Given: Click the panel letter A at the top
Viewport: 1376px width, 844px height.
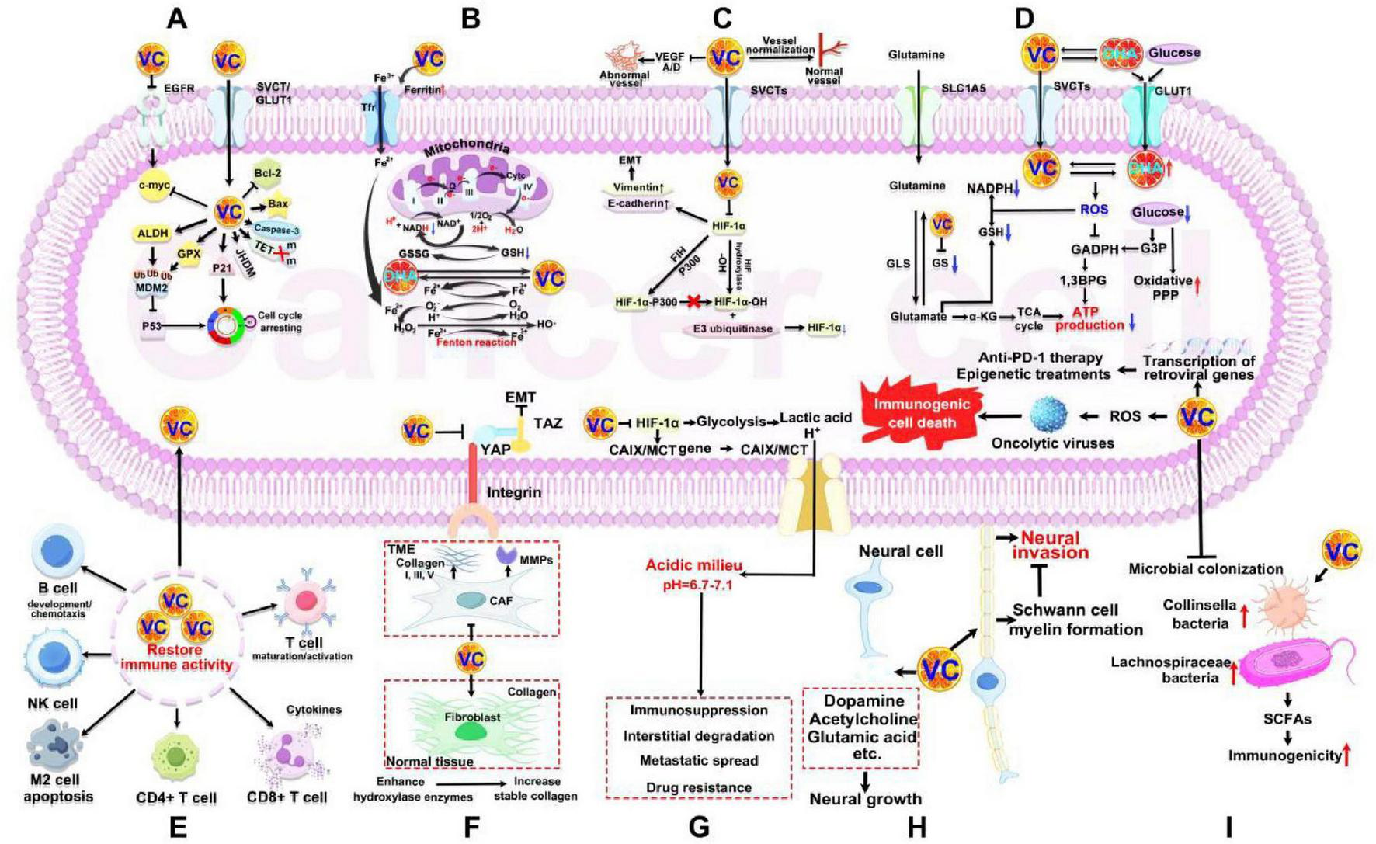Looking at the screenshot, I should click(x=177, y=18).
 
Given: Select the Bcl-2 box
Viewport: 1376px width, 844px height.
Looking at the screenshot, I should click(x=266, y=173).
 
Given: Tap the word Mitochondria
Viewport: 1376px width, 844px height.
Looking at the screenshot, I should click(x=467, y=147).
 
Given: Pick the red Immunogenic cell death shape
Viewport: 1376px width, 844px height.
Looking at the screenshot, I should click(x=922, y=412).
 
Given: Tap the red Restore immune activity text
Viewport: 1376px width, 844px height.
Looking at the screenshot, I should click(x=176, y=657).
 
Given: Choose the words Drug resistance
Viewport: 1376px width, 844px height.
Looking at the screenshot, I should click(x=698, y=787).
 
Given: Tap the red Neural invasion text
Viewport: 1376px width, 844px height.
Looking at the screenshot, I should click(x=1050, y=545).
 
